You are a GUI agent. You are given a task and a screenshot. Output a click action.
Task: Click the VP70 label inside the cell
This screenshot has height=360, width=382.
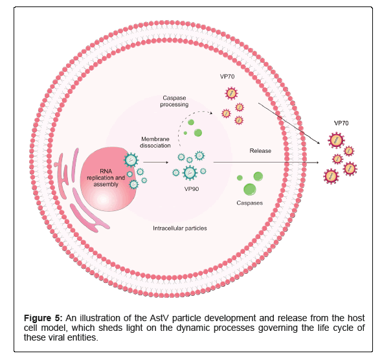coord(227,76)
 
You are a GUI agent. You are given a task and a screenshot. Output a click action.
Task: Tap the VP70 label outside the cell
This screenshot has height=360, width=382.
coord(341,123)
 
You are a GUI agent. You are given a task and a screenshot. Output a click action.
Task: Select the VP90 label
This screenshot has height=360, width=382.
coord(192,189)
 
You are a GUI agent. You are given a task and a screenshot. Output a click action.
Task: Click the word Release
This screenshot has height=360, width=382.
coord(260,151)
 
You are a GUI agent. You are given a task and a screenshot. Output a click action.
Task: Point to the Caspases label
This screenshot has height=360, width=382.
coord(249,203)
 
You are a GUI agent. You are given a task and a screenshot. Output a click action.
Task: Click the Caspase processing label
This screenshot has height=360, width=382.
coord(174,101)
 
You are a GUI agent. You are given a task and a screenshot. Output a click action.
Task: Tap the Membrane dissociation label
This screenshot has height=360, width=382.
coord(155,142)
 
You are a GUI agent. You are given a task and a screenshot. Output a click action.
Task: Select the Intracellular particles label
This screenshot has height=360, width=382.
coord(180,228)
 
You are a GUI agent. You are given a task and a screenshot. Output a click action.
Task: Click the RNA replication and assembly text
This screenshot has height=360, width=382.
coord(106,178)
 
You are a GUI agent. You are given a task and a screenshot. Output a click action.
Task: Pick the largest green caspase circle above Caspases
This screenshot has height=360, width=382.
coord(250,190)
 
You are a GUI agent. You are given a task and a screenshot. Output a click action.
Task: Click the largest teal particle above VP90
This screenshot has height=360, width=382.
coord(190,172)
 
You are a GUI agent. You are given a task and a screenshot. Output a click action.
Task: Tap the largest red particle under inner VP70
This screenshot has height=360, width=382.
coord(231,93)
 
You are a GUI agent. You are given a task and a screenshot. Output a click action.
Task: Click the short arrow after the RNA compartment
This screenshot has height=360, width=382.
coord(155,163)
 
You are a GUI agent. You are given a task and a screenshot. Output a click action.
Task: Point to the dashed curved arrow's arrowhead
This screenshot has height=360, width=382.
coord(211,113)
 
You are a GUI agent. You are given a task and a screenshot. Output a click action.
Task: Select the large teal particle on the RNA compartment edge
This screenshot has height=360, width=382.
coord(131,160)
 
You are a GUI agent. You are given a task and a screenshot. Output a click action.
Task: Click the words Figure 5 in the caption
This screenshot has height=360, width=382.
coord(43,318)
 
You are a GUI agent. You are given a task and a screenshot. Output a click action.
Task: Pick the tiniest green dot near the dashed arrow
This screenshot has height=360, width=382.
coord(185,133)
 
